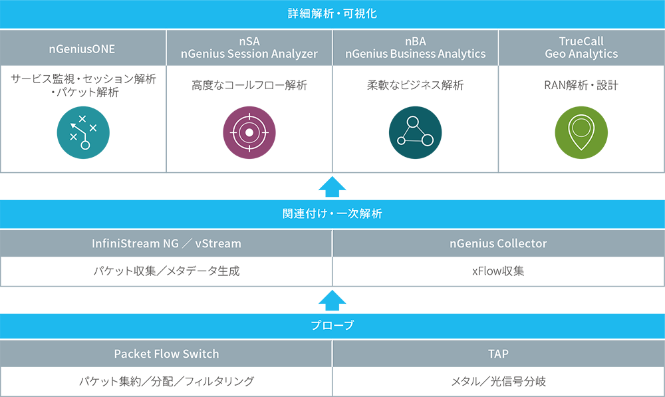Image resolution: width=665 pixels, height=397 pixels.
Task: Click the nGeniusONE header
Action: pyautogui.click(x=83, y=47)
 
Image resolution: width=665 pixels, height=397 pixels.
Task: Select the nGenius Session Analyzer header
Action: pyautogui.click(x=249, y=47)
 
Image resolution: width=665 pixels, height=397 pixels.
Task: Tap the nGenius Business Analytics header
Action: pyautogui.click(x=416, y=47)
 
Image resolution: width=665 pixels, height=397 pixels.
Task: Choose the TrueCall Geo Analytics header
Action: pyautogui.click(x=581, y=47)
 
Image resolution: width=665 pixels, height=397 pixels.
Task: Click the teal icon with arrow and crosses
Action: pyautogui.click(x=83, y=132)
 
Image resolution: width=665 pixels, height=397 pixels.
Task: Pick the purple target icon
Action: pyautogui.click(x=249, y=132)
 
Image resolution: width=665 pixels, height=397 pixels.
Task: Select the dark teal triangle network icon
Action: pyautogui.click(x=416, y=132)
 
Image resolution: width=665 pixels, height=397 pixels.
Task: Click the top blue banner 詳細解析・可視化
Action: pyautogui.click(x=332, y=13)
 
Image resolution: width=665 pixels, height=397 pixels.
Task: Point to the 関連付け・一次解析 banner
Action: pyautogui.click(x=332, y=214)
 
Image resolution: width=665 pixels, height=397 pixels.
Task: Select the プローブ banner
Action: pyautogui.click(x=332, y=326)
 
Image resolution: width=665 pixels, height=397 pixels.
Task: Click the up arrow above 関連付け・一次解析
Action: pyautogui.click(x=332, y=187)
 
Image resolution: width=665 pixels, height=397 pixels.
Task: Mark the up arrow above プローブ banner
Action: pyautogui.click(x=332, y=300)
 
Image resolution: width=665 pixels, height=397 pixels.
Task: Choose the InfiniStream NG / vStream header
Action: pyautogui.click(x=166, y=243)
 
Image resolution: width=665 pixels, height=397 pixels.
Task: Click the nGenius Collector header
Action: pyautogui.click(x=498, y=243)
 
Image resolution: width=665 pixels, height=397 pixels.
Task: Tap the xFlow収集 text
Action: pyautogui.click(x=498, y=271)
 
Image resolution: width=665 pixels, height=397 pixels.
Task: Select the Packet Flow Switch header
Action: pyautogui.click(x=166, y=353)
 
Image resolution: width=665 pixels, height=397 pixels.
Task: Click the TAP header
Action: pyautogui.click(x=498, y=353)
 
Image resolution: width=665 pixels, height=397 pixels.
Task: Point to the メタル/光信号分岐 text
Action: pyautogui.click(x=498, y=382)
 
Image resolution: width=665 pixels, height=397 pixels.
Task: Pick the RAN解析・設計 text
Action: pyautogui.click(x=581, y=85)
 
